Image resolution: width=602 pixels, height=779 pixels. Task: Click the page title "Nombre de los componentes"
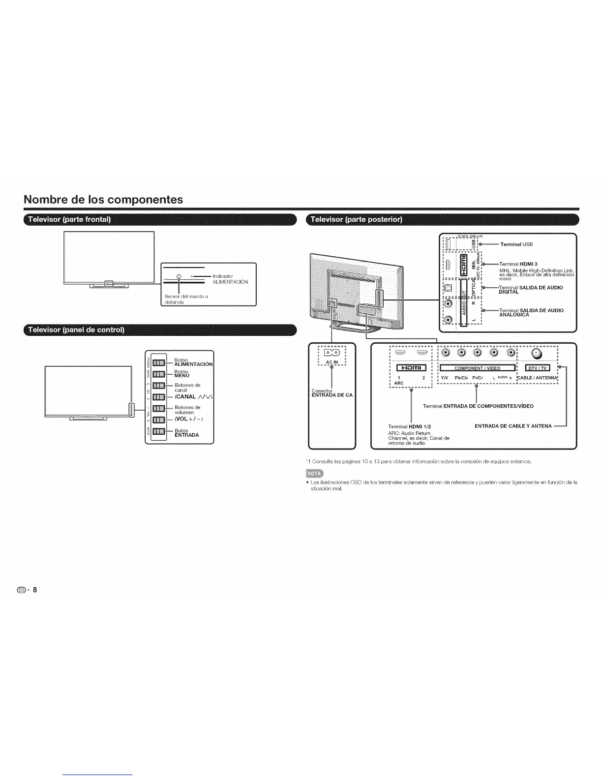[x=103, y=200]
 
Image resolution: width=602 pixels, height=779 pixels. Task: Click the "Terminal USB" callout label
[x=516, y=244]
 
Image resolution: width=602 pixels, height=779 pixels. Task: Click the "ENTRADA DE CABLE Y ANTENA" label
[x=513, y=426]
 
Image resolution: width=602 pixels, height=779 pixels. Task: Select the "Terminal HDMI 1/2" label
[x=409, y=426]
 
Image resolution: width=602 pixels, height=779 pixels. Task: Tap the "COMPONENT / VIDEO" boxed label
[x=477, y=368]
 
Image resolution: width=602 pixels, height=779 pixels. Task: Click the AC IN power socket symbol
[x=332, y=353]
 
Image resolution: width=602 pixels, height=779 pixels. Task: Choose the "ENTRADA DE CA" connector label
[x=332, y=395]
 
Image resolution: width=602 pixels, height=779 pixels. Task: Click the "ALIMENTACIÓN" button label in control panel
[x=193, y=364]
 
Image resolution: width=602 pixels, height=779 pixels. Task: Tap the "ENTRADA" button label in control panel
[x=187, y=435]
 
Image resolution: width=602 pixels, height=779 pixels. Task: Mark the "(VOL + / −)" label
[x=189, y=419]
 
